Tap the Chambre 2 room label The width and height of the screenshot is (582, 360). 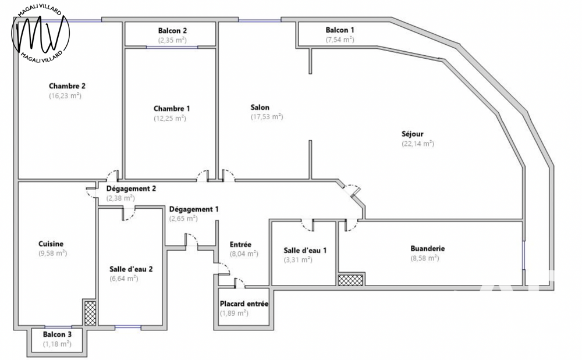tap(67, 86)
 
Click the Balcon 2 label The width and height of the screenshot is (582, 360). tap(172, 30)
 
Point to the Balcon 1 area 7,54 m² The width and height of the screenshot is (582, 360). tap(339, 40)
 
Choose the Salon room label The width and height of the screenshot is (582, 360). tap(260, 107)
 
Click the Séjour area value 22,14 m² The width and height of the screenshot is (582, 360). tap(417, 144)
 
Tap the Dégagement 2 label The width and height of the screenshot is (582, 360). tap(131, 188)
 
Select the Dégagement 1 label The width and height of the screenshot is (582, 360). tap(194, 209)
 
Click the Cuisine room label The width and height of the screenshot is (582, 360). tap(51, 244)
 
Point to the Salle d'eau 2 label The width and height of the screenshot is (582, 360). tap(131, 269)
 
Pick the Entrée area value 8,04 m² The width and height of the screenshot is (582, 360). tap(244, 254)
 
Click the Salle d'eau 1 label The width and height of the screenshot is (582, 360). tap(305, 250)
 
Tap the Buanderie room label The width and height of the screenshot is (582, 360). tap(427, 248)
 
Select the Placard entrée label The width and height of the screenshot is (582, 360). tap(244, 304)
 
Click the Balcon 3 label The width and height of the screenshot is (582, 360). tap(57, 334)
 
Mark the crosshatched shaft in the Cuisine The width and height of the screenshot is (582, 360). tap(90, 312)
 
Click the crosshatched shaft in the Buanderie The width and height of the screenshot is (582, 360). tap(350, 280)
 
